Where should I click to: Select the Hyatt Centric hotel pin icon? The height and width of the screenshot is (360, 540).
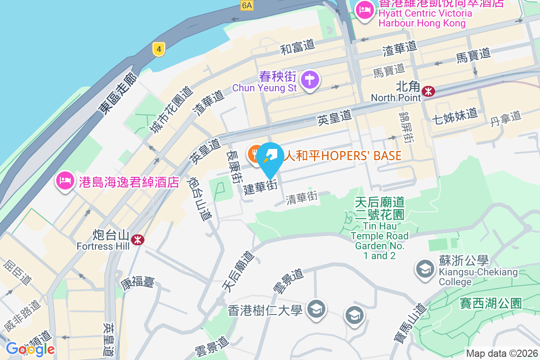[364, 11]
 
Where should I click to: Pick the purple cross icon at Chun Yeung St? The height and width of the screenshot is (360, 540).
[310, 80]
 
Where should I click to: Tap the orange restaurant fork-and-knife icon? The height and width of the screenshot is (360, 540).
[256, 154]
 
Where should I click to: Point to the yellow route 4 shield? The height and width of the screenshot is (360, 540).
[158, 49]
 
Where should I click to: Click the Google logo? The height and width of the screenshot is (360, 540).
[31, 349]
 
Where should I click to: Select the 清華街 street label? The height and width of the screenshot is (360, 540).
[302, 198]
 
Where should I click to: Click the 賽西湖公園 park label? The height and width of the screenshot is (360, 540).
[490, 303]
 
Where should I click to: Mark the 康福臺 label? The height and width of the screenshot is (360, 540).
[137, 283]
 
